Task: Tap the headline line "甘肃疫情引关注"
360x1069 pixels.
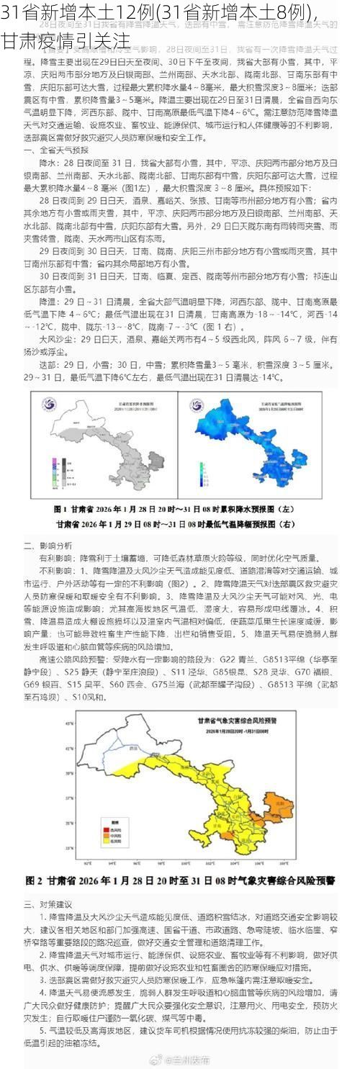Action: click(66, 40)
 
